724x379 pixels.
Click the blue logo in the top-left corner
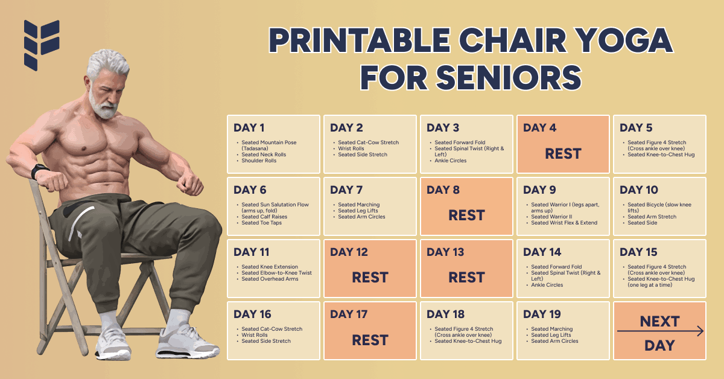point(42,45)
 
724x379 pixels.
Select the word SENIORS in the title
point(509,78)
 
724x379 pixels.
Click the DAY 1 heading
point(249,128)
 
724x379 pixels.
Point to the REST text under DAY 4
point(563,154)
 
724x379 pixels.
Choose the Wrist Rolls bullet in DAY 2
point(351,148)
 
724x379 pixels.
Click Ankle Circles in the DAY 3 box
point(451,161)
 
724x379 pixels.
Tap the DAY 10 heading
point(639,190)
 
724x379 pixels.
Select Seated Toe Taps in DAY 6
point(261,223)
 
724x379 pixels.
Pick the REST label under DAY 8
point(466,215)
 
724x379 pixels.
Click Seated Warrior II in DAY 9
point(551,217)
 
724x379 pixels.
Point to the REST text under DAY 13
point(466,278)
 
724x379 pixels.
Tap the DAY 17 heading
point(349,314)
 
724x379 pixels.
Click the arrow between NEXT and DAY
point(660,331)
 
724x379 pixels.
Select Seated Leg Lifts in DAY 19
point(551,335)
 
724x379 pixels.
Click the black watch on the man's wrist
point(39,171)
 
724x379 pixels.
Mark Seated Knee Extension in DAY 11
point(270,267)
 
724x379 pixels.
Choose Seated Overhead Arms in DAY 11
point(270,279)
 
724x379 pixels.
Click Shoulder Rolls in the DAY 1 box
point(259,161)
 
